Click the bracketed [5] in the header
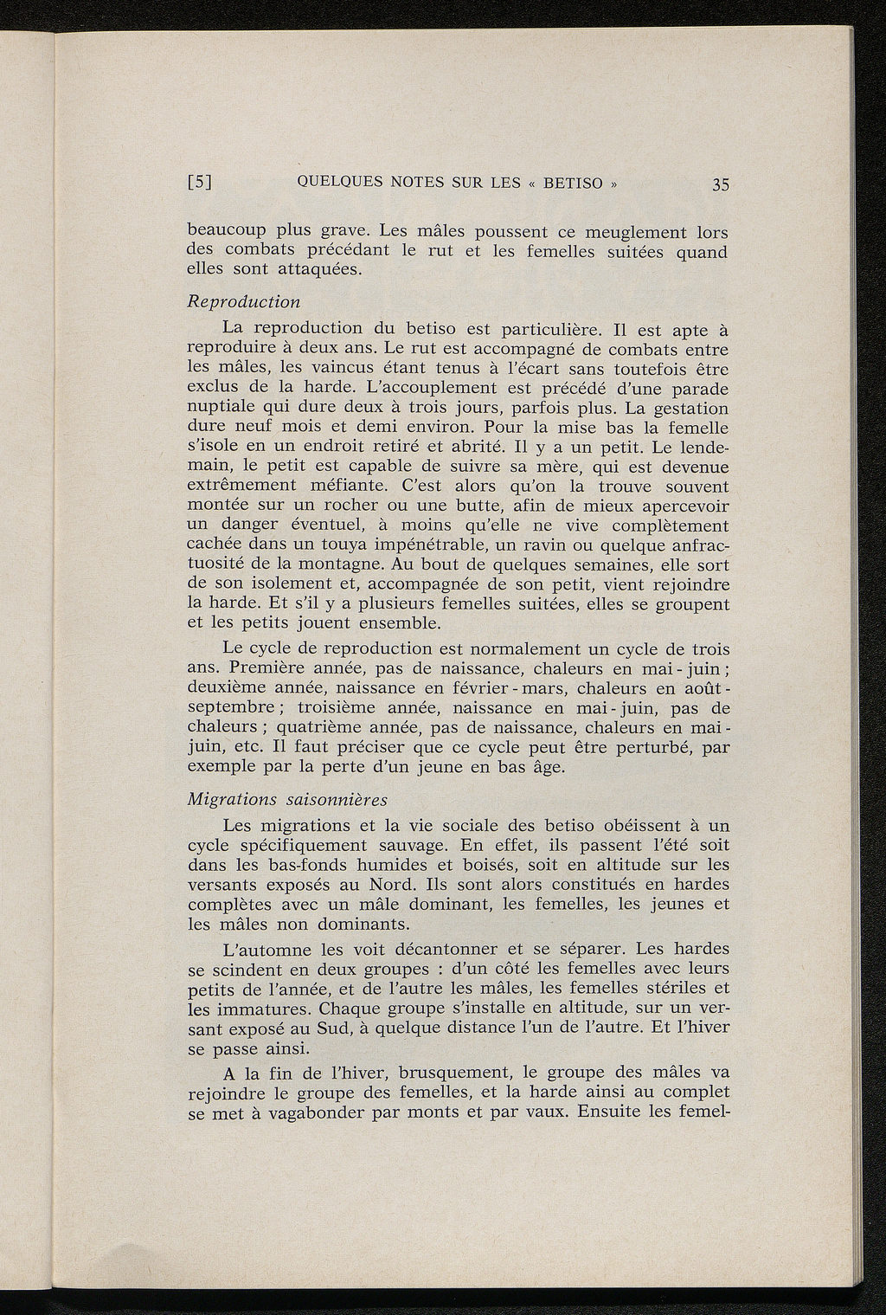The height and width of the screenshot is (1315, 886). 201,184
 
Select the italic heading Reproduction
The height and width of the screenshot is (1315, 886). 244,302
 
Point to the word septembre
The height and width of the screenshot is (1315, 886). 230,708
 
